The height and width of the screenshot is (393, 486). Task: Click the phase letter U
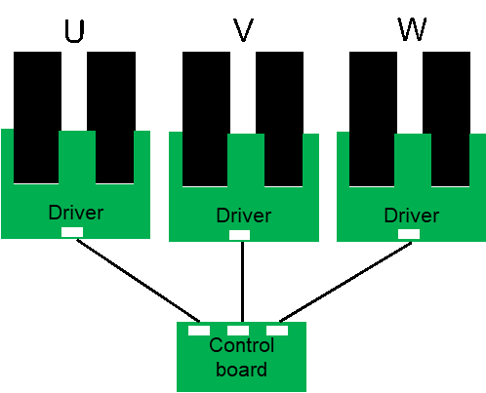(74, 31)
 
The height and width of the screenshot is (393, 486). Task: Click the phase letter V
(243, 30)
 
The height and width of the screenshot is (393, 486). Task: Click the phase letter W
(412, 29)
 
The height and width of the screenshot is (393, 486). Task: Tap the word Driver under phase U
(76, 213)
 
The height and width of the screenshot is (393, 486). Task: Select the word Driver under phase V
(244, 216)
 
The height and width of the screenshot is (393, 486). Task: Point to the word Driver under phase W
(412, 216)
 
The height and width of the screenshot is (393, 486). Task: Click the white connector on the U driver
(72, 232)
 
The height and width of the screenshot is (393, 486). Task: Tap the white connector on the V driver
(239, 235)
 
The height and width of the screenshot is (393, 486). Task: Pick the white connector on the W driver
(409, 234)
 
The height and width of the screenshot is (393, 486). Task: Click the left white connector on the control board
(199, 331)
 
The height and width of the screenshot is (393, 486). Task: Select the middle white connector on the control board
(238, 331)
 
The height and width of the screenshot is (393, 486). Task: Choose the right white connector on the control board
(277, 331)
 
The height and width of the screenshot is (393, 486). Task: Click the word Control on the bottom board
(242, 345)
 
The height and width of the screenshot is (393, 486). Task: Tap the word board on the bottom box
(241, 370)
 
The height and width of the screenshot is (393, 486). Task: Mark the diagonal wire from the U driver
(138, 281)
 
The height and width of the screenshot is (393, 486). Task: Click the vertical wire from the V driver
(242, 282)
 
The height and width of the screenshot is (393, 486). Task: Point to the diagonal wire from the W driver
(345, 282)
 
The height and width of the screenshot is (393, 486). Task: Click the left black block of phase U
(37, 117)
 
